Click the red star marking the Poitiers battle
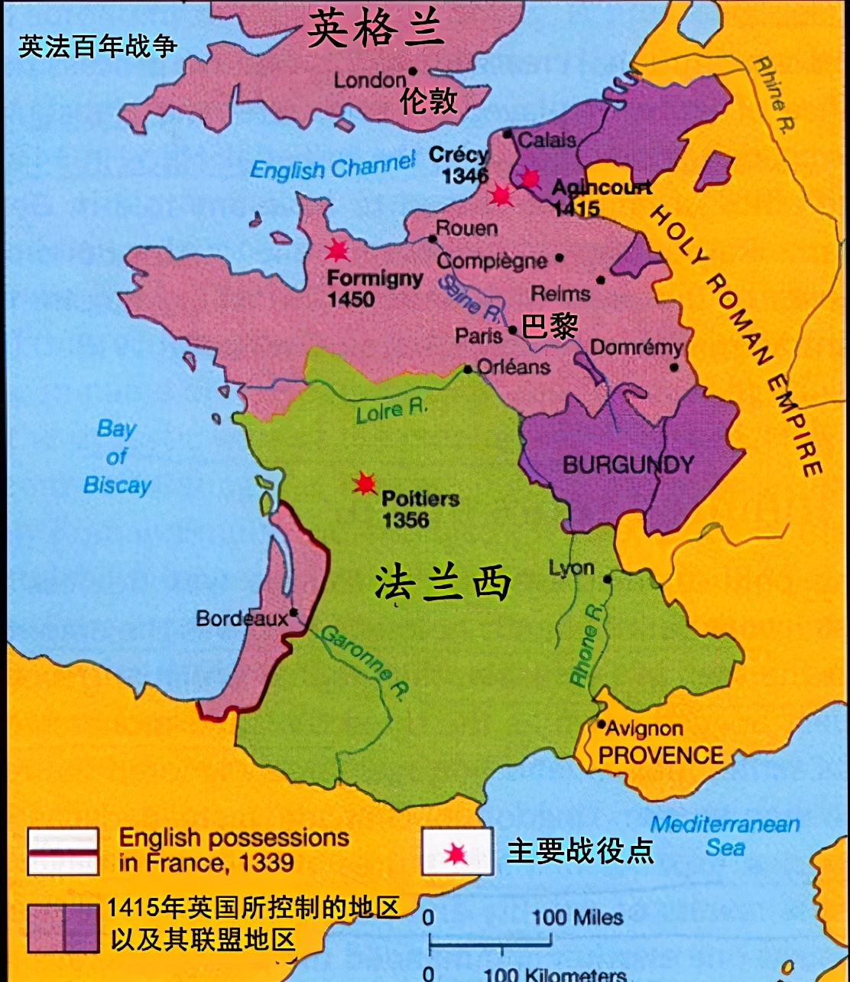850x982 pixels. click(364, 483)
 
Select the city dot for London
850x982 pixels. click(413, 71)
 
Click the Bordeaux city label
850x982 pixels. click(242, 618)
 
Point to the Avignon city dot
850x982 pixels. click(602, 724)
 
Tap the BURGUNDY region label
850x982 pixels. click(628, 464)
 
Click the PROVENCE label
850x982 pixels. click(660, 755)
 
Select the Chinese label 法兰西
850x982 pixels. click(443, 585)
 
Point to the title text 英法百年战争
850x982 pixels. click(98, 47)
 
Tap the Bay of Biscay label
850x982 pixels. click(117, 457)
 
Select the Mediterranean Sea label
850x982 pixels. click(725, 835)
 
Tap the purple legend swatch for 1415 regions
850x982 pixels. click(63, 928)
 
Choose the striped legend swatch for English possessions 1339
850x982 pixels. click(63, 850)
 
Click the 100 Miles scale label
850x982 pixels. click(578, 917)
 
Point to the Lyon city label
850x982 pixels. click(571, 567)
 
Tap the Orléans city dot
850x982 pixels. click(468, 369)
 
